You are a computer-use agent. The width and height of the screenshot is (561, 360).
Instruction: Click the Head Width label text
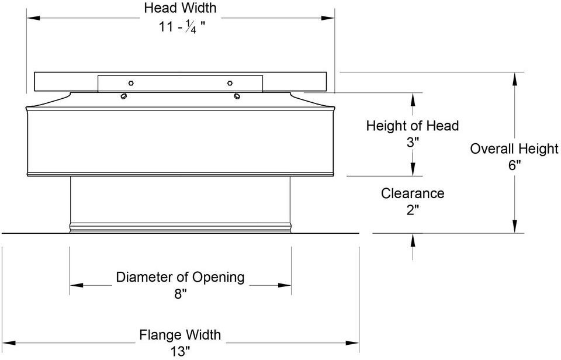181,8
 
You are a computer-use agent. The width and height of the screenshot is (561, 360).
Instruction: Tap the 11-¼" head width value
182,26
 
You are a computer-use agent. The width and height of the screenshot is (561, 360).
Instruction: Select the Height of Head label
412,126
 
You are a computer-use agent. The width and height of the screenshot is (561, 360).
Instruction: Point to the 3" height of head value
413,143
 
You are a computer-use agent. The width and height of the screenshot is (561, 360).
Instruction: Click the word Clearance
413,193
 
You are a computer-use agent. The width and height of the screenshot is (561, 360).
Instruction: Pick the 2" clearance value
413,210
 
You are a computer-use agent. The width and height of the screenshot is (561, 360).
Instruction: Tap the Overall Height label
514,148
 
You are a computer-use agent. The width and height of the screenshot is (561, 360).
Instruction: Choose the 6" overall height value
514,165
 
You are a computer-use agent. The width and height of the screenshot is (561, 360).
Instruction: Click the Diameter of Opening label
181,277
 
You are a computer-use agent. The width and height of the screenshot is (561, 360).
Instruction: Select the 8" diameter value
181,294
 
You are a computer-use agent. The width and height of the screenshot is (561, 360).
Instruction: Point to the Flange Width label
180,335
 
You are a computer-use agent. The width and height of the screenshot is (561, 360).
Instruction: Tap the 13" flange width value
180,351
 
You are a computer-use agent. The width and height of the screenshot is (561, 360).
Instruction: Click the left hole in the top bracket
131,83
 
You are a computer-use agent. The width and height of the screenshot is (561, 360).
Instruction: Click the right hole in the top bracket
230,83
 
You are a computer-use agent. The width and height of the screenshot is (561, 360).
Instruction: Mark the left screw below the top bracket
124,96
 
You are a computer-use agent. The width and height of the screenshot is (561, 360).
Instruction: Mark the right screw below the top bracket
237,96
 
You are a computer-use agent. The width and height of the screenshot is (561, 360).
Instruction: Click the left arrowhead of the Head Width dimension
33,18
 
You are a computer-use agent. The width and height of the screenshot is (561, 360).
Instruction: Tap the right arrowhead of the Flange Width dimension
352,343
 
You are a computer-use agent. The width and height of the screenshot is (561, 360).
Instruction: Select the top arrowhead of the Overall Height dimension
514,79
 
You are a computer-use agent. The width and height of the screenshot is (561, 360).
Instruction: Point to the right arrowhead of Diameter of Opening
285,285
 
